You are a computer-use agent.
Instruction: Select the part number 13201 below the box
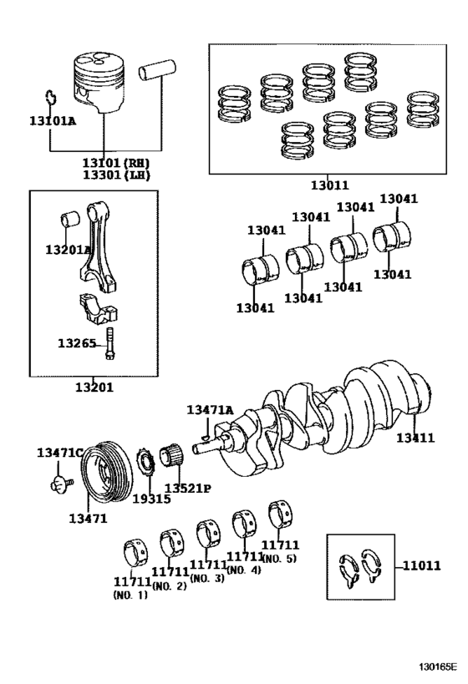[x=94, y=388]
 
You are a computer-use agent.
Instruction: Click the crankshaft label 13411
[x=415, y=438]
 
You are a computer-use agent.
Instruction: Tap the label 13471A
[x=210, y=409]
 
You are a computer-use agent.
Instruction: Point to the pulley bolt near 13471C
[x=58, y=482]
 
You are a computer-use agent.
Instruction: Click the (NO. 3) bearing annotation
[x=208, y=578]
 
